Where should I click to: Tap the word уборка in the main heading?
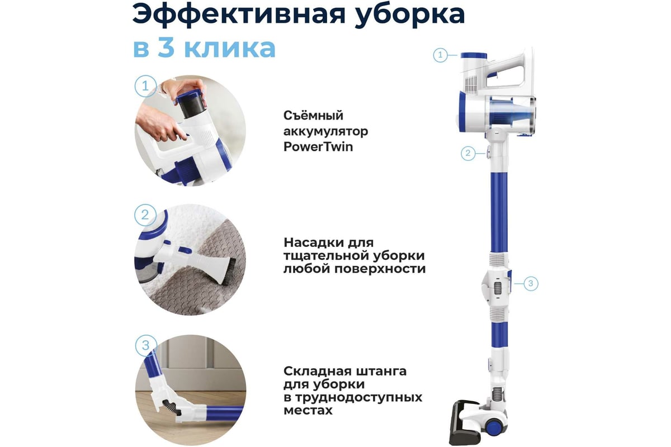pos(410,16)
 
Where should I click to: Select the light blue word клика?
pos(229,48)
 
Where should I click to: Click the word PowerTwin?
pos(318,147)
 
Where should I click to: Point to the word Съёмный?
pos(313,115)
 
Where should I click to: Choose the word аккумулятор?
pos(325,131)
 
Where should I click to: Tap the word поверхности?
pos(380,269)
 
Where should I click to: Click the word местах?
pos(308,411)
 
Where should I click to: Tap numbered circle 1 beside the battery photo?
pos(145,86)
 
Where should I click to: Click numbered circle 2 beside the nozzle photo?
pos(145,215)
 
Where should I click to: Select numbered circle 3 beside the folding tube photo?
pos(146,345)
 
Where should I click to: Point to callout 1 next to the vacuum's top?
pos(441,55)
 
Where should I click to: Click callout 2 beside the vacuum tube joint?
pos(468,153)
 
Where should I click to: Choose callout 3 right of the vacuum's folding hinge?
pos(531,283)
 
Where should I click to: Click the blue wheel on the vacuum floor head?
pos(493,427)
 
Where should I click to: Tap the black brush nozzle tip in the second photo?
pos(226,273)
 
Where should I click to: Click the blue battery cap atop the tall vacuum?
pos(474,55)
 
